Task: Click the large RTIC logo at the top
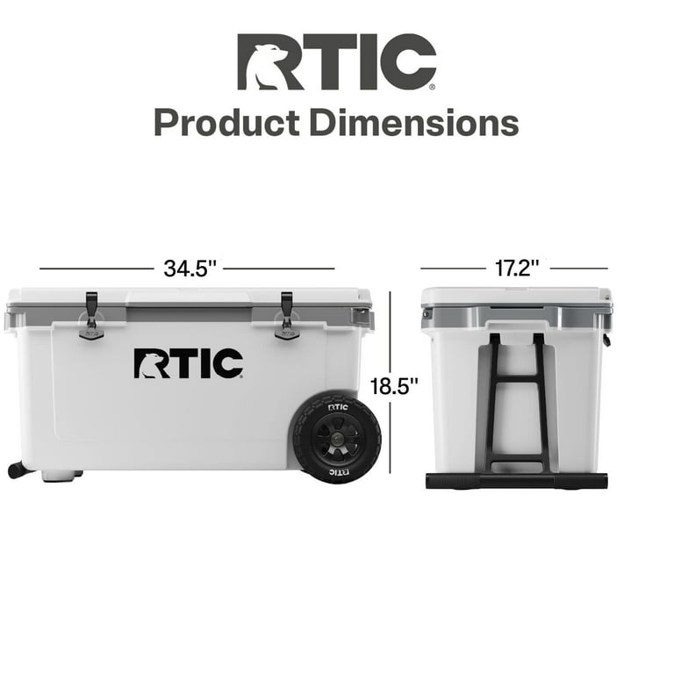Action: point(337,62)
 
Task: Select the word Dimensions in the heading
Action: point(412,123)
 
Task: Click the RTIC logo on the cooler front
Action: point(188,363)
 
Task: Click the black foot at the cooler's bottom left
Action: point(18,470)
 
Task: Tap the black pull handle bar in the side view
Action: point(516,480)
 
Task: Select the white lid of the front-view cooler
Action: point(189,296)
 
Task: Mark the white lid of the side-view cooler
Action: point(516,296)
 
